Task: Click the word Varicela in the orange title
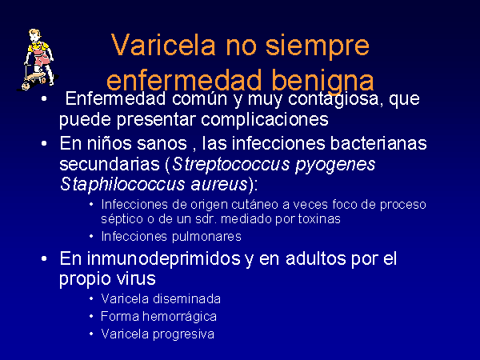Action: [x=164, y=45]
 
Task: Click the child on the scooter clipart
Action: [x=38, y=59]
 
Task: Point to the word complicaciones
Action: [x=265, y=119]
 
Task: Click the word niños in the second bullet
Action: [x=106, y=143]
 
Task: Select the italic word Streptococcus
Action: [x=230, y=164]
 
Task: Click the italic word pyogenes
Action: [x=335, y=165]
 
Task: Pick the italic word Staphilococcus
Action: [x=122, y=184]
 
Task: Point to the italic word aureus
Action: [x=218, y=185]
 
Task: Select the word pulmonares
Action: [x=206, y=237]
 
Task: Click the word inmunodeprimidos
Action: [x=163, y=258]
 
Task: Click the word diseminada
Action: [x=186, y=298]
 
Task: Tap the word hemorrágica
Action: [x=179, y=317]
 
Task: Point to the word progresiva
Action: [x=183, y=334]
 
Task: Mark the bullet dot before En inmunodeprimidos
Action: [x=44, y=258]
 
